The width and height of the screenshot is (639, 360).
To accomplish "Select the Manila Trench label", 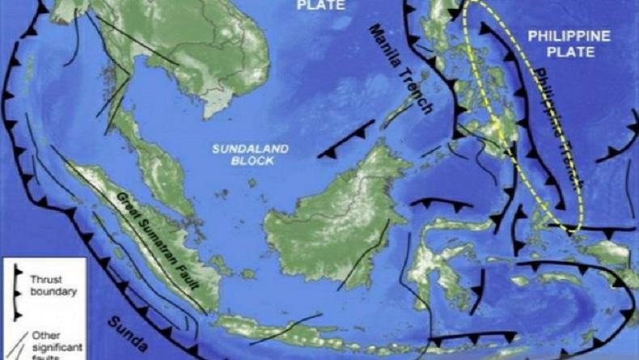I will coord(402,69).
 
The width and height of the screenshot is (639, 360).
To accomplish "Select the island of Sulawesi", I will coord(437,259).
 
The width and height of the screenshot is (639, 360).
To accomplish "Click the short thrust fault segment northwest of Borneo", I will coord(346,139).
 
